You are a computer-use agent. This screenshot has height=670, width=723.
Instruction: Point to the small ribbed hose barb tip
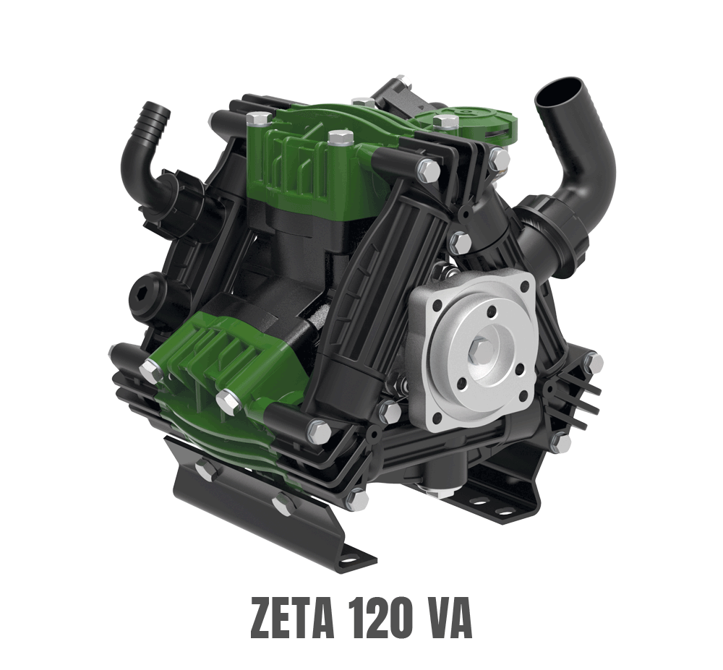(157, 115)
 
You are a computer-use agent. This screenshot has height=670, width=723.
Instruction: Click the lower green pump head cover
(217, 369)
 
